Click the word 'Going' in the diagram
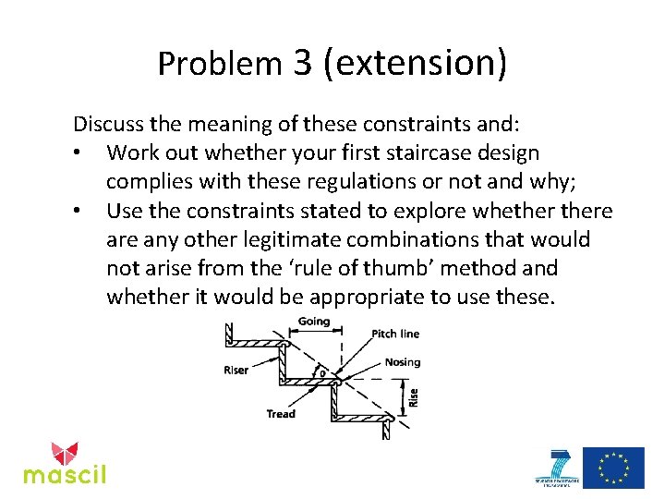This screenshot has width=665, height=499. pos(314,322)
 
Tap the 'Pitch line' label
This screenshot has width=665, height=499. pos(395,334)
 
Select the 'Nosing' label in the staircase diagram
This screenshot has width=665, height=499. pos(402,362)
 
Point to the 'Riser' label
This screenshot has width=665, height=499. pos(236,371)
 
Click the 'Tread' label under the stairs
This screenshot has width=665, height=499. pos(281,414)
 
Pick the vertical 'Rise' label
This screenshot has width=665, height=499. pos(414,397)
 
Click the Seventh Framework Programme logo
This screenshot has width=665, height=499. pos(557,469)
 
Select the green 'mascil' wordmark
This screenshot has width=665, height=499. pos(65,475)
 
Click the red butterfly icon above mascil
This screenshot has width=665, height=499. pos(65,452)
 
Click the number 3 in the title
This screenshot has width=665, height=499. pos(304,62)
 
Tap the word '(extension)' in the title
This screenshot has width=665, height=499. pos(415,62)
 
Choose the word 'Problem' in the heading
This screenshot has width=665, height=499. pos(219,63)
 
